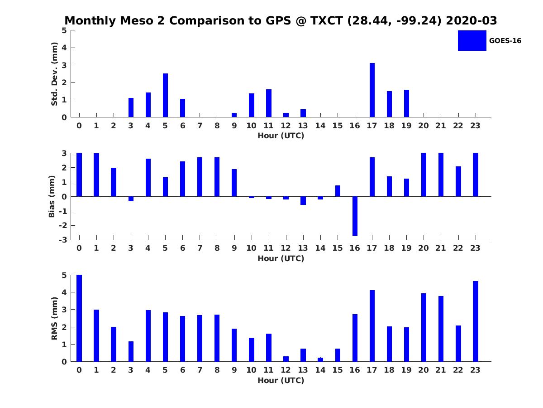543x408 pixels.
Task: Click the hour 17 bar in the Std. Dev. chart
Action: coord(372,90)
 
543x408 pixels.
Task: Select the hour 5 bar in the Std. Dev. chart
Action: coord(165,95)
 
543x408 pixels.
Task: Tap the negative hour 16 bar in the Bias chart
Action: coord(355,216)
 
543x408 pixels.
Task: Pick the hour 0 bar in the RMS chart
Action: coord(79,318)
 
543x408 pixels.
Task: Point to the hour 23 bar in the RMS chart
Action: coord(475,321)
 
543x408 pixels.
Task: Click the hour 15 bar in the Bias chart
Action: coord(338,191)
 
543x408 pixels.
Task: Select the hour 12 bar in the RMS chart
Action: coord(286,359)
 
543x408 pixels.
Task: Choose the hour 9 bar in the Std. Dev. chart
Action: coord(234,115)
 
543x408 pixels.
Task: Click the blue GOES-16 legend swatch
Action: coord(472,41)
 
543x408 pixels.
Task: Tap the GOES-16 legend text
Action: coord(505,41)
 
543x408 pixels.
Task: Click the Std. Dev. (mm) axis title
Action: coord(54,74)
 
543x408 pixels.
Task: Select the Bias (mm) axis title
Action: coord(52,196)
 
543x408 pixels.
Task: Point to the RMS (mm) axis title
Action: coord(54,318)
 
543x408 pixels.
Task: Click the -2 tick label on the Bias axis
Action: coord(63,225)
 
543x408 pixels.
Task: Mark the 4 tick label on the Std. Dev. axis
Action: coord(64,48)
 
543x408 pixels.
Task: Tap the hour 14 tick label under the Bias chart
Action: coord(320,248)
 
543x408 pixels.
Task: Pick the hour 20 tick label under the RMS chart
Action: coord(423,370)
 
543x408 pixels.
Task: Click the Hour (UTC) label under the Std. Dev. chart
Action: coord(281,136)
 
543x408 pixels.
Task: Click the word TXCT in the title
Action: coord(327,20)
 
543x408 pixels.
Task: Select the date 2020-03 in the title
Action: coord(472,20)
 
